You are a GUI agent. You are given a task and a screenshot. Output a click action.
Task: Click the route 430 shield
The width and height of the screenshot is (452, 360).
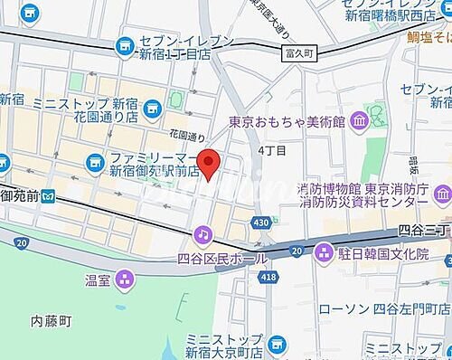pos(262,222)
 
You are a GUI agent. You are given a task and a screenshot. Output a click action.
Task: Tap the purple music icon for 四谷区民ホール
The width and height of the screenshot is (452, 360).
pos(203,235)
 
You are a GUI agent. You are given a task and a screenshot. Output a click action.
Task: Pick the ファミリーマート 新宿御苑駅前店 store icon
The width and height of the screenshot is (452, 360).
pos(94,162)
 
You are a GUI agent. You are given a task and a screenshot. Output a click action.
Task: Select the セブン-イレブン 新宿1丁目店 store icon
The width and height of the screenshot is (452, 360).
pos(124,43)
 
